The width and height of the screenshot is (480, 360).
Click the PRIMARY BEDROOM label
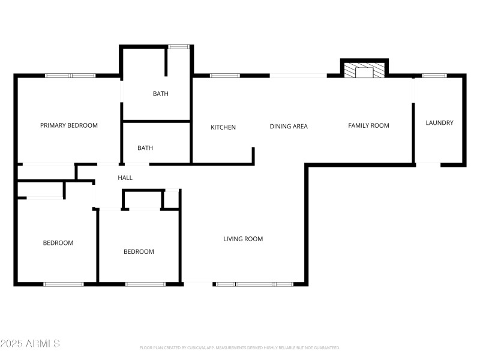(68, 125)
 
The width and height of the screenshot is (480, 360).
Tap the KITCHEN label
(223, 127)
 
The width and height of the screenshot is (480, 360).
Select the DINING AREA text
(289, 126)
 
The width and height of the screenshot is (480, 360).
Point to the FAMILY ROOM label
(368, 125)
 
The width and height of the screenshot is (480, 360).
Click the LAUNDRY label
(439, 123)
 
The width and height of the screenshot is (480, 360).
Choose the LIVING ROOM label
(243, 239)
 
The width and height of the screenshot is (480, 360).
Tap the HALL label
(125, 178)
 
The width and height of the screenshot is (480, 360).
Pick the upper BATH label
(160, 94)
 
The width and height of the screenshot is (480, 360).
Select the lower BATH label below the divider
(145, 148)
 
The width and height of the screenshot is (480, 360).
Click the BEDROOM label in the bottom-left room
(58, 243)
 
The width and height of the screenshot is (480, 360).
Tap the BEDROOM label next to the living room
(139, 251)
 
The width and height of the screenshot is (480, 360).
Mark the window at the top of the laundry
(434, 76)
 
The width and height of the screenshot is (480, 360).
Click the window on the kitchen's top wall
(224, 76)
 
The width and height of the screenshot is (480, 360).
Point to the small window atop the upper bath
(178, 46)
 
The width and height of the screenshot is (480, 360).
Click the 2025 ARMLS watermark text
(30, 344)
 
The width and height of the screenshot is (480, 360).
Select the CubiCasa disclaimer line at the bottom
(239, 347)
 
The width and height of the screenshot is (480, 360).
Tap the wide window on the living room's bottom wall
(254, 284)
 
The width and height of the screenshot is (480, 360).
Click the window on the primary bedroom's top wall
(70, 76)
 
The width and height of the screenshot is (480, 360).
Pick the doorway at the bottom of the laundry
(428, 164)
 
